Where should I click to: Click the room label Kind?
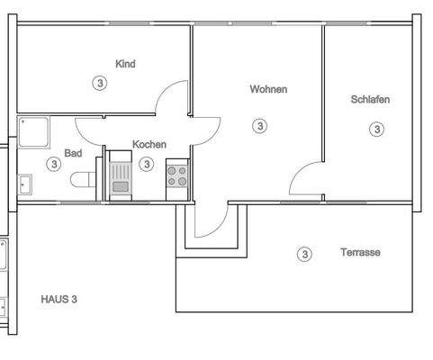click(x=125, y=64)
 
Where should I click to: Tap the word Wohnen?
click(x=268, y=89)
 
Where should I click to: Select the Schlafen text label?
click(x=370, y=100)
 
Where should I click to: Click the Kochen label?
click(x=149, y=144)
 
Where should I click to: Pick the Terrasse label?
click(x=360, y=253)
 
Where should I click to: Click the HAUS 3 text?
click(x=59, y=298)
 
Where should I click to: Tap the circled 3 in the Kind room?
click(x=99, y=83)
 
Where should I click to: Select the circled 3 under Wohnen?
click(x=260, y=126)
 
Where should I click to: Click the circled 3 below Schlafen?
click(x=376, y=130)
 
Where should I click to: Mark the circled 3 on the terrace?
click(x=304, y=255)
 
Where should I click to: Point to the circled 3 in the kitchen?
click(x=146, y=164)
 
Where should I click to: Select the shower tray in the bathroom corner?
click(x=33, y=133)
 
